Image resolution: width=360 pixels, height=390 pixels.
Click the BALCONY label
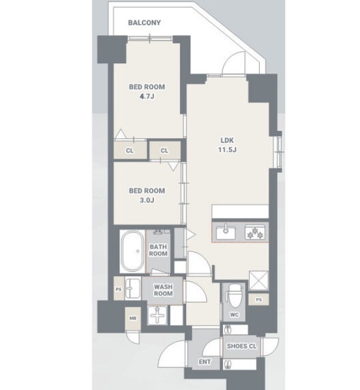coord(144,23)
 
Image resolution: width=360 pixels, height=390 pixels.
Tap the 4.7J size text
coord(147,96)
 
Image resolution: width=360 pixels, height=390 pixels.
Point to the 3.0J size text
coord(147,200)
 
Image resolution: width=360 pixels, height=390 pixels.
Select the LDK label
coord(227,141)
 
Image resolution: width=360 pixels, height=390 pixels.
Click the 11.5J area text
coord(227,149)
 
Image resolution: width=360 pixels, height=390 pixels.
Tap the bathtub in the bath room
coord(132,251)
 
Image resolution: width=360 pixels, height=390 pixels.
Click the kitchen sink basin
coord(225,232)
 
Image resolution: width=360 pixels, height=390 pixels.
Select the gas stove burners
coord(255,232)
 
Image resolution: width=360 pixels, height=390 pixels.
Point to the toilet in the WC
coord(234,297)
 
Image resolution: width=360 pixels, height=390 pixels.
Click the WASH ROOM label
coord(163,290)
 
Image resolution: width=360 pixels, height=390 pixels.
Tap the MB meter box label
coord(133,318)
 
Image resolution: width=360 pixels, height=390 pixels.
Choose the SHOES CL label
coord(241,346)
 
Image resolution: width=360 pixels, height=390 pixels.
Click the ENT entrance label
coord(204,362)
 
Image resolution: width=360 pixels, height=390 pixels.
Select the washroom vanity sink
coord(133,288)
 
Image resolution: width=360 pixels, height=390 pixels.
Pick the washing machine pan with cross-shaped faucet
coord(157,316)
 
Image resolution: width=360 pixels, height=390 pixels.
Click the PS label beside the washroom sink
coord(119,289)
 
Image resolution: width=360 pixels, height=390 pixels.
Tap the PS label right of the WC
coord(259,299)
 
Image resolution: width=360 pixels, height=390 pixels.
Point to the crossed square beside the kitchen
coord(259,280)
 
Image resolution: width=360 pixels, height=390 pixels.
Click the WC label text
coord(234,315)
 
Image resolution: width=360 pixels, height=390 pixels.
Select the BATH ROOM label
coord(159,250)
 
